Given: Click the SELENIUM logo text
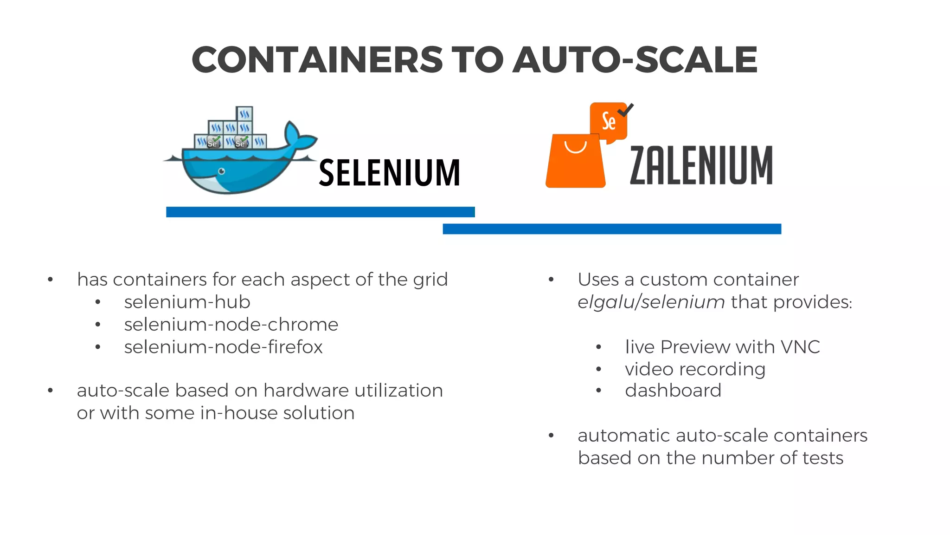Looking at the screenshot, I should (x=389, y=173).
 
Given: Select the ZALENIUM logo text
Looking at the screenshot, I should (x=701, y=165).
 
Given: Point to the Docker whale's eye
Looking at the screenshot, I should (x=222, y=172).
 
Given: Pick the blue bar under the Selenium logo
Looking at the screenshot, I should (x=320, y=212).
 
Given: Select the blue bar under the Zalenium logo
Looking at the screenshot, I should (x=612, y=229).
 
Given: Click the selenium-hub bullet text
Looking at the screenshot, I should (x=187, y=302).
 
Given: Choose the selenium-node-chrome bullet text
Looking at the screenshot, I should (x=231, y=325).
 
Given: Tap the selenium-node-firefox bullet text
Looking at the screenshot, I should (x=223, y=347).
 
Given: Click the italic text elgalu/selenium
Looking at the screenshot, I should (x=651, y=302).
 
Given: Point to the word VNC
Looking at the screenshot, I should (x=800, y=347).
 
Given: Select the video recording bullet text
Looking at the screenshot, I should (x=695, y=369).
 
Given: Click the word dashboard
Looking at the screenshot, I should (x=673, y=391).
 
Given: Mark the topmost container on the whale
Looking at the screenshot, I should (x=244, y=114).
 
